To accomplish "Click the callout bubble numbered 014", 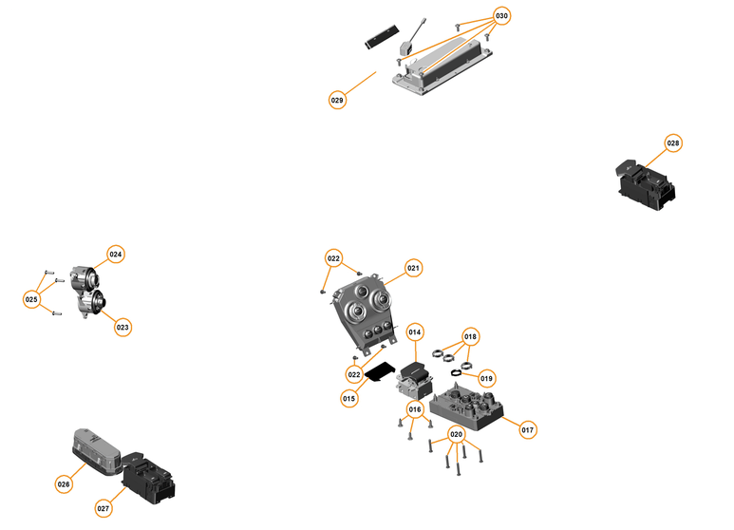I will (x=415, y=332).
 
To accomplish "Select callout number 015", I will (x=348, y=399).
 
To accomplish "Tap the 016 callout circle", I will (x=415, y=409).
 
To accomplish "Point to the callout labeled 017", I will (x=528, y=430).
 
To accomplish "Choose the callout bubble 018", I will (x=470, y=337).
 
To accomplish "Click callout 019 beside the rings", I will (x=487, y=378).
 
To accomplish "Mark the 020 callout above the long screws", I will (x=457, y=434).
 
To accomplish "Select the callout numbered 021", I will (x=413, y=269).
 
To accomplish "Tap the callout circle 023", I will (x=122, y=327).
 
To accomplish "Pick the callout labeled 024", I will (x=116, y=255).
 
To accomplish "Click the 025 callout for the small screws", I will (x=32, y=299).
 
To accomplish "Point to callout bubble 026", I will (x=64, y=483).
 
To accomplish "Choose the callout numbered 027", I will (x=104, y=508).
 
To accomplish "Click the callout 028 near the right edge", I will (x=673, y=143).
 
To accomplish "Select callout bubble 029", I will (x=337, y=100).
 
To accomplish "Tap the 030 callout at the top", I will (x=502, y=17).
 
